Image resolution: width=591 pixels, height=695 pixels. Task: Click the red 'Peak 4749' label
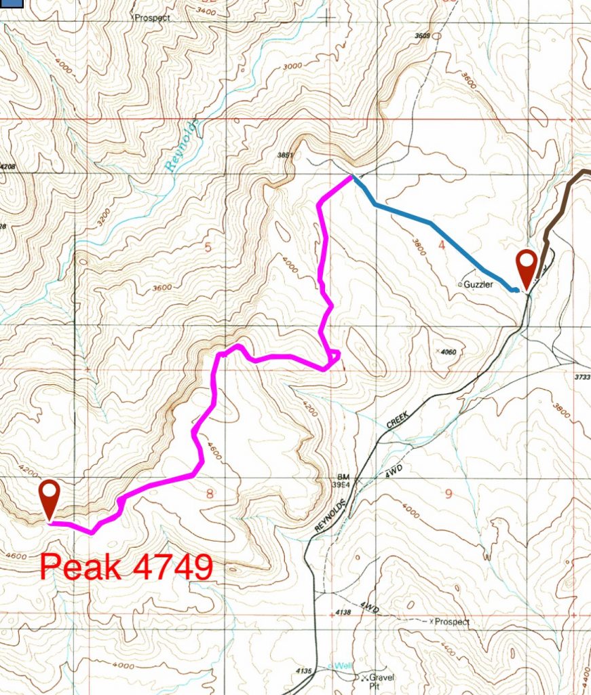(126, 566)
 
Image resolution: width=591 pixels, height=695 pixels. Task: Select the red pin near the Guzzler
(527, 267)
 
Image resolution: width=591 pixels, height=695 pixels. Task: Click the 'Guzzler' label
(486, 285)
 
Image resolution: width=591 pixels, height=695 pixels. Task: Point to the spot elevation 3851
(286, 155)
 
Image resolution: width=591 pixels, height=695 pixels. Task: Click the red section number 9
(448, 493)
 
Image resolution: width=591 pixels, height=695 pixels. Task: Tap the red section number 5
(208, 247)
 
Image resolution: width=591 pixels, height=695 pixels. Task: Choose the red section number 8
(209, 493)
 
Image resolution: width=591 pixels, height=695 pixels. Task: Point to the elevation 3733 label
(582, 377)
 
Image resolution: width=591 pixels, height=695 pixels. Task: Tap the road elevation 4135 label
(303, 671)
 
